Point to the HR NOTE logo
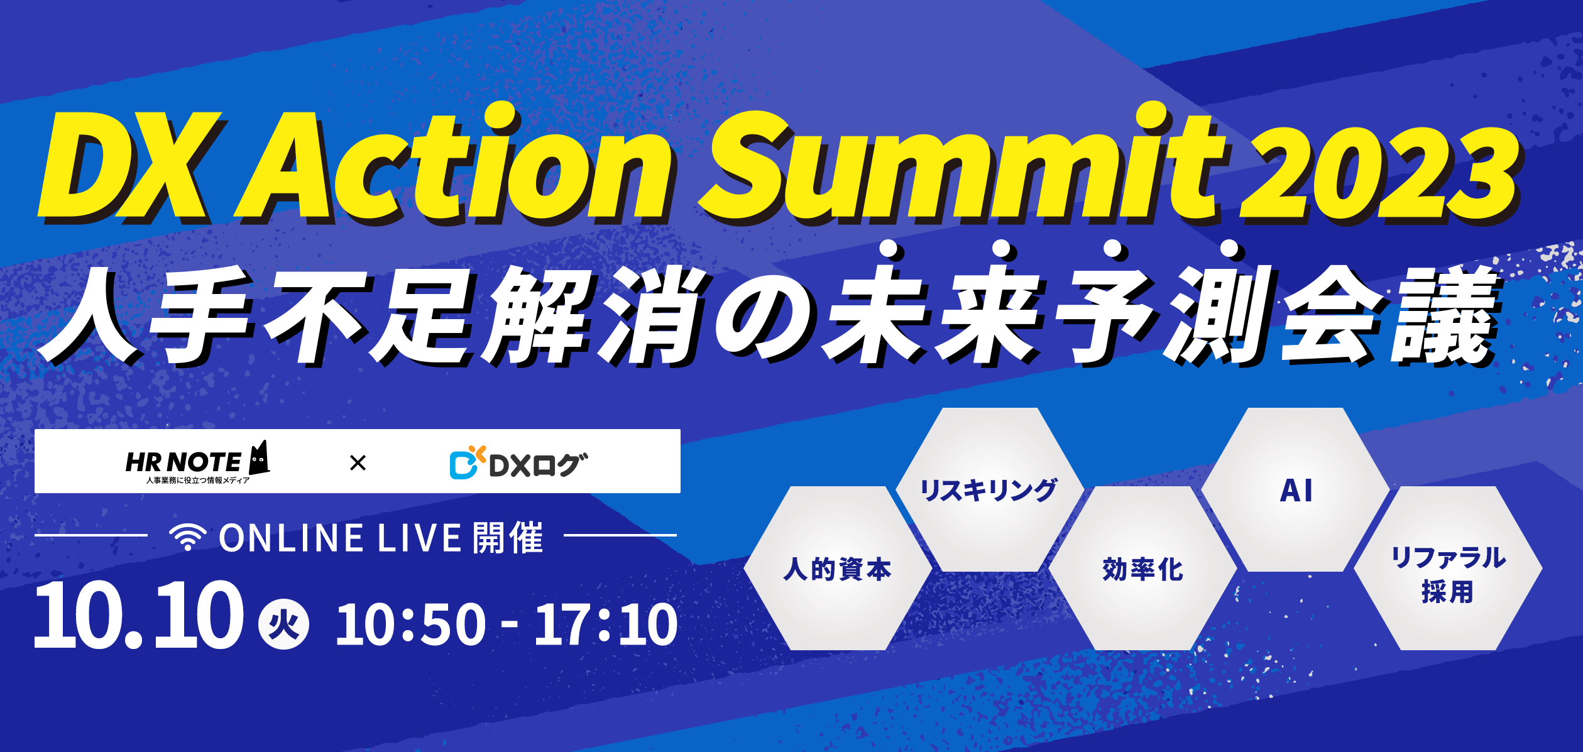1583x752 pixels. tap(183, 463)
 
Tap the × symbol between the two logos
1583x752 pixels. tap(358, 463)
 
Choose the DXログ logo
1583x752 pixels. tap(518, 465)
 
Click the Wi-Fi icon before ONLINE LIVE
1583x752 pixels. tap(187, 537)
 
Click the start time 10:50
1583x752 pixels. tap(411, 624)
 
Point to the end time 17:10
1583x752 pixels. tap(606, 624)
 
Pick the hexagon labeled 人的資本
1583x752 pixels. tap(837, 569)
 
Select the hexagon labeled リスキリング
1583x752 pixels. tap(989, 490)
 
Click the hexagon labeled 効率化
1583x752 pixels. tap(1142, 569)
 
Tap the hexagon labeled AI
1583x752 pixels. tap(1296, 490)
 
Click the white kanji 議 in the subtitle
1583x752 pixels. tap(1445, 314)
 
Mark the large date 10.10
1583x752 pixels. tap(138, 616)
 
